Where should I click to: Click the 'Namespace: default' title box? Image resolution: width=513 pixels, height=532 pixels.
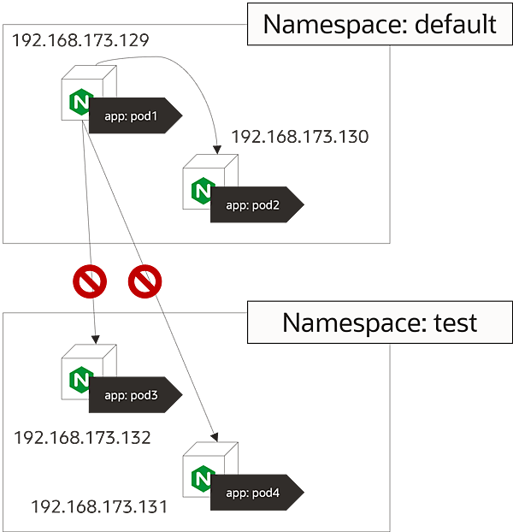click(380, 23)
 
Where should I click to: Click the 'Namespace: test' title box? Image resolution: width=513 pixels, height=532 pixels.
click(380, 322)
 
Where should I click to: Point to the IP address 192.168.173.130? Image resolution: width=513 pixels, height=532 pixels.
click(299, 137)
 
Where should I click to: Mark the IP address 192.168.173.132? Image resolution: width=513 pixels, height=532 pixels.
click(82, 438)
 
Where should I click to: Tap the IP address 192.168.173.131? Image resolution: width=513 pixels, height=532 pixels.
click(98, 506)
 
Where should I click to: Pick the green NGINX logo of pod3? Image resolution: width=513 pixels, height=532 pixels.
click(80, 379)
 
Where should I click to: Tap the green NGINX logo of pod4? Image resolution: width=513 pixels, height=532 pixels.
click(202, 476)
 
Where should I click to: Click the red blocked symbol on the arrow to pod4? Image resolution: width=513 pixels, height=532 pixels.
click(144, 281)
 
